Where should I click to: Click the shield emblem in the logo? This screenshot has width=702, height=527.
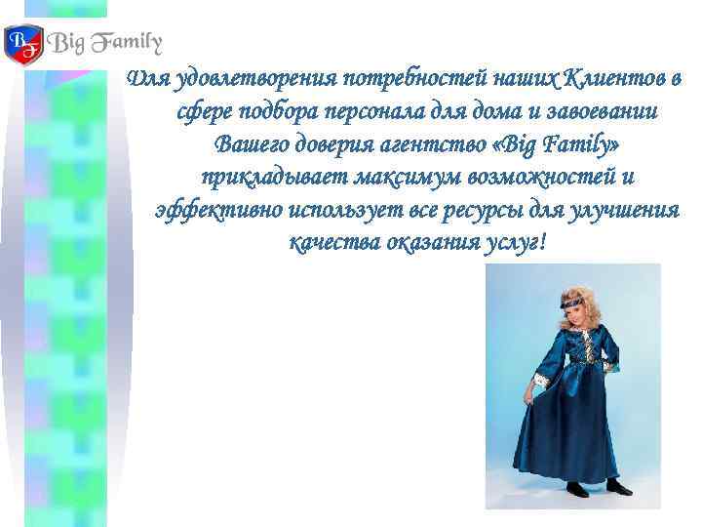[23, 43]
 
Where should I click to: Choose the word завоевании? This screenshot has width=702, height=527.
[604, 111]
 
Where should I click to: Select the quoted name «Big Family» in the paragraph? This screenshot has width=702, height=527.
[556, 144]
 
